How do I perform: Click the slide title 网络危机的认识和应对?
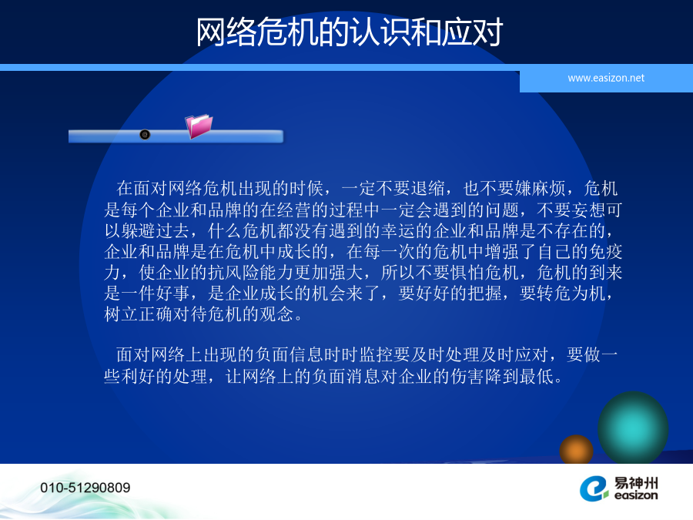(x=350, y=32)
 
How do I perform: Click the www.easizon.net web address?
(x=606, y=79)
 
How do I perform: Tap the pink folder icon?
(x=199, y=126)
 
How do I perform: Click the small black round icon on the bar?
(x=145, y=134)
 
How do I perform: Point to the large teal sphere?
(x=633, y=427)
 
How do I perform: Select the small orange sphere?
(x=576, y=449)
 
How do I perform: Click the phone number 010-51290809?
(x=85, y=488)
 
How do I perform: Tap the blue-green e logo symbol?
(x=594, y=488)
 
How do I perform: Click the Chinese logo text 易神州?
(x=636, y=482)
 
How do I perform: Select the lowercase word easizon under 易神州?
(x=636, y=495)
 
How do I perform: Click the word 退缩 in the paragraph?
(x=427, y=189)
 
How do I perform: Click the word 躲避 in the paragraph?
(x=139, y=231)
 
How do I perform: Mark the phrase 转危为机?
(x=571, y=294)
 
